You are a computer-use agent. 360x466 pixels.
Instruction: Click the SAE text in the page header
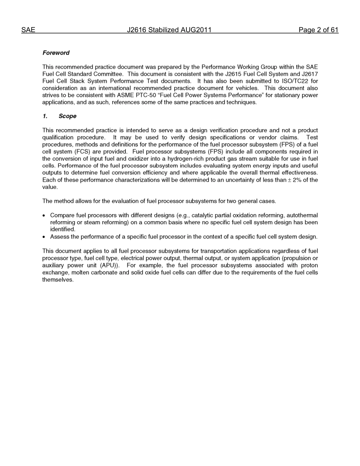pyautogui.click(x=28, y=30)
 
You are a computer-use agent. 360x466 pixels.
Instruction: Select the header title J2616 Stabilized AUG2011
pyautogui.click(x=169, y=30)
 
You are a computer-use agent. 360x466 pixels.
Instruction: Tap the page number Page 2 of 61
pyautogui.click(x=318, y=30)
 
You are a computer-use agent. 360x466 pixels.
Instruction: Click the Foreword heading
pyautogui.click(x=56, y=53)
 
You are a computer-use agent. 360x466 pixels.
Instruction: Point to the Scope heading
pyautogui.click(x=67, y=116)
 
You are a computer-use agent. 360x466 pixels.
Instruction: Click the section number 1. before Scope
pyautogui.click(x=45, y=116)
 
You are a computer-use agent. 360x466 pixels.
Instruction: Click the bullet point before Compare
pyautogui.click(x=44, y=216)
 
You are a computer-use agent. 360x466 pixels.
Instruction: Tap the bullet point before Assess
pyautogui.click(x=44, y=237)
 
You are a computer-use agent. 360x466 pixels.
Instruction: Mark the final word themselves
pyautogui.click(x=58, y=280)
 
